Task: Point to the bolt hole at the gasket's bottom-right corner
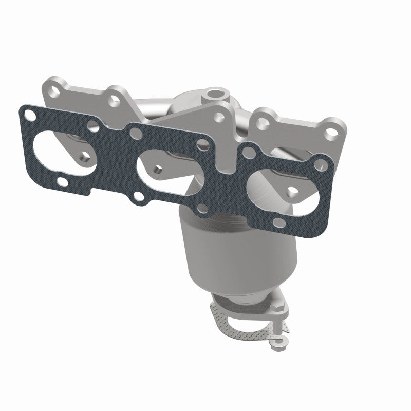(277, 221)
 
